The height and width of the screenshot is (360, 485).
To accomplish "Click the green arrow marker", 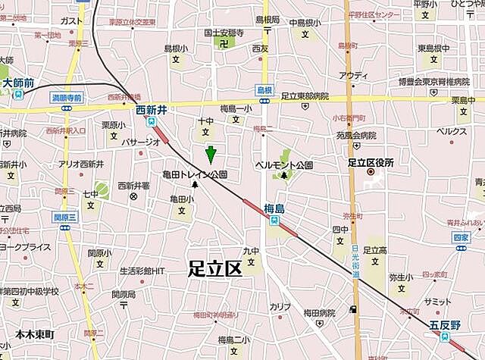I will pos(211,154).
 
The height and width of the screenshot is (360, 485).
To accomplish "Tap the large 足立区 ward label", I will pos(214,267).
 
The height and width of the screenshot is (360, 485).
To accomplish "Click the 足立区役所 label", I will pos(371,161).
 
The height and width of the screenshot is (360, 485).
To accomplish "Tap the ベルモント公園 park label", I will pos(283,164).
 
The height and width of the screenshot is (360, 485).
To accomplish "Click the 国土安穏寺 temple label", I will pos(223,33).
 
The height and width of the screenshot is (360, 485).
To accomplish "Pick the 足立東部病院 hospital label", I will pos(305,96).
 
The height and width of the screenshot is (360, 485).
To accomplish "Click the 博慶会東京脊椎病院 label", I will pos(434,81).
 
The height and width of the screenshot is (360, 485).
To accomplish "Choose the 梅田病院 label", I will pos(319,312).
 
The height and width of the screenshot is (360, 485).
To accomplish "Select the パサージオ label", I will pos(141,142).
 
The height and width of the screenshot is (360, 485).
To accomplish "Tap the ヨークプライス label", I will pos(25,246).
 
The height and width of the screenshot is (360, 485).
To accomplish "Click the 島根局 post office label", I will pos(267,19).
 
